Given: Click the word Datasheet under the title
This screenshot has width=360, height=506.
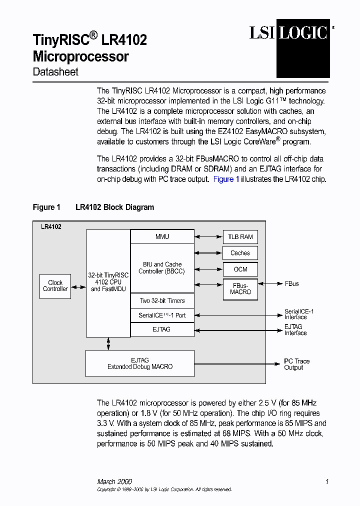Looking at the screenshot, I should tap(55, 72).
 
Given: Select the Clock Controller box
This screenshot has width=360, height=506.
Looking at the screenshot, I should tap(55, 286).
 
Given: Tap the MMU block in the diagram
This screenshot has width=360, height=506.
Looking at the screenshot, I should tap(162, 236).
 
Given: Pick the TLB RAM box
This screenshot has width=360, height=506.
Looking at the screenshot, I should tap(240, 237).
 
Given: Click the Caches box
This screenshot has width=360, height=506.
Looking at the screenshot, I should tap(240, 253).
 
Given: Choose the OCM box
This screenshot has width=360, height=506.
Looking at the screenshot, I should tap(240, 269).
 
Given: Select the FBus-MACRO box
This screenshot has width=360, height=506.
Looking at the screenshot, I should tap(240, 288).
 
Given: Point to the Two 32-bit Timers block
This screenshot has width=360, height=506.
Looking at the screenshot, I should tap(162, 301).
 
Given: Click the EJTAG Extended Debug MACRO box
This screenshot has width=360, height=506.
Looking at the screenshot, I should tap(140, 363).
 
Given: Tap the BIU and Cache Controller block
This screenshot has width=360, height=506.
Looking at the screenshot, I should tap(162, 268).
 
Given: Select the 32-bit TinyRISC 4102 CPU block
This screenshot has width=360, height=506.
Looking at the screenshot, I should tap(108, 282).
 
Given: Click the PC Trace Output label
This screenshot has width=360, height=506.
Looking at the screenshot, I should tap(296, 364).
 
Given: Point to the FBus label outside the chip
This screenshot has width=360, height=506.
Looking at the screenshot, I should tap(291, 284).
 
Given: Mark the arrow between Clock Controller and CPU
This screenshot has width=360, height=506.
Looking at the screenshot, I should tap(78, 287).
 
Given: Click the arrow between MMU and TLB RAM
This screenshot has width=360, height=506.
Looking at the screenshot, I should tap(208, 237).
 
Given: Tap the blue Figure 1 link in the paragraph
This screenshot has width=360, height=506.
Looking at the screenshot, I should tap(226, 179).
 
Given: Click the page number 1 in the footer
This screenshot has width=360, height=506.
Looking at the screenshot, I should tap(326, 482).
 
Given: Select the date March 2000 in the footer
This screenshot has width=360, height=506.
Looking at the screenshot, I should tap(114, 482).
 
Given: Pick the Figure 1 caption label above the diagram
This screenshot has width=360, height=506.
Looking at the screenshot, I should tap(46, 207).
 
